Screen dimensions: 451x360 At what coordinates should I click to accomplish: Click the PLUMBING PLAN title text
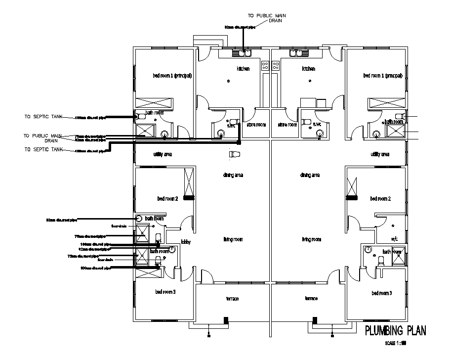click(394, 330)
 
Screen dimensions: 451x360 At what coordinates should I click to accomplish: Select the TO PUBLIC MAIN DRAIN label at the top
click(267, 19)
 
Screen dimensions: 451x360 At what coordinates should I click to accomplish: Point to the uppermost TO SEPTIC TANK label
click(43, 117)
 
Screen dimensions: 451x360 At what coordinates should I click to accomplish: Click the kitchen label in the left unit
click(243, 69)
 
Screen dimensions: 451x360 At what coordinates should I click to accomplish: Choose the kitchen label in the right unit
click(309, 69)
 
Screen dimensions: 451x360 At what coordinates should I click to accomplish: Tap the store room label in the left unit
click(256, 125)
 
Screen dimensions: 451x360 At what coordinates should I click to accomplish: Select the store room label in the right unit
click(287, 125)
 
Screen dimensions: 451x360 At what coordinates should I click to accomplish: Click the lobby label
click(186, 242)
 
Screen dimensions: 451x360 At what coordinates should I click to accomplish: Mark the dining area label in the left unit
click(233, 175)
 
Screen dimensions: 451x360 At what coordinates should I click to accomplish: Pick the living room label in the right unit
click(312, 239)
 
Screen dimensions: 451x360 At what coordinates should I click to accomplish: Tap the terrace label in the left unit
click(232, 299)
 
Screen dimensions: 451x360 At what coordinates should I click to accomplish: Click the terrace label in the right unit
click(311, 299)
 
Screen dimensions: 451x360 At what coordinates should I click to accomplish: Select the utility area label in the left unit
click(163, 154)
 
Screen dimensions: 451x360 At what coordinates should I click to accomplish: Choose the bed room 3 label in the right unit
click(381, 293)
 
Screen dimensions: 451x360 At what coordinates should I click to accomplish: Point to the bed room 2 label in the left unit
click(167, 198)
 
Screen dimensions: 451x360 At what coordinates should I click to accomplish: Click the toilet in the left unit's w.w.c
click(233, 121)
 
